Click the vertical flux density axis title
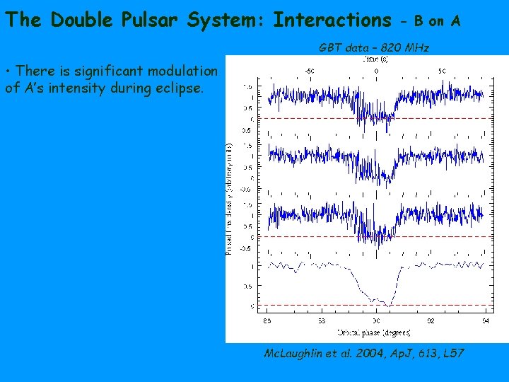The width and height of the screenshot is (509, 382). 230,198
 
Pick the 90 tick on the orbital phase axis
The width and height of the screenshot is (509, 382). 377,320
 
